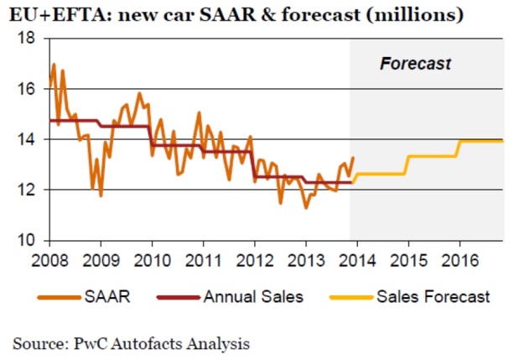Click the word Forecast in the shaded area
416,63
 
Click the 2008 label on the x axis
49,258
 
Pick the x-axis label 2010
152,258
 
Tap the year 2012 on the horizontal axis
254,258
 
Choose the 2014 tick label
356,258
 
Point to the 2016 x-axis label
459,258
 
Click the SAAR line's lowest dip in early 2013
306,207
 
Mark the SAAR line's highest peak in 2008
54,65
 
